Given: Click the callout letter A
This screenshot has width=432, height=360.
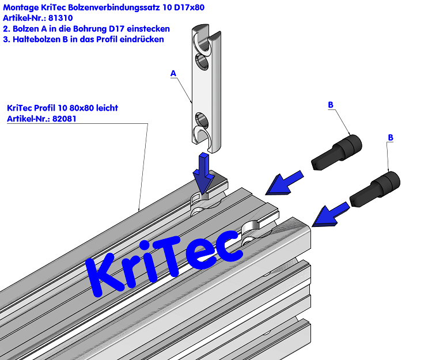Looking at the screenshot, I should point(173,73).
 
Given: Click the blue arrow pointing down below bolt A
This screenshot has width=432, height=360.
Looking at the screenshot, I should point(203,173).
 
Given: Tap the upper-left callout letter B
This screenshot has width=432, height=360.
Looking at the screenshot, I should point(330,104).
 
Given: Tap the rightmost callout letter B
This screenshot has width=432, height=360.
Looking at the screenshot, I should point(391,138).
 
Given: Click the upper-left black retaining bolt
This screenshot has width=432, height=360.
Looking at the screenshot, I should point(336,151).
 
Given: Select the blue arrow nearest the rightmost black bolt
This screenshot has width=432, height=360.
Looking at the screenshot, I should point(330,213).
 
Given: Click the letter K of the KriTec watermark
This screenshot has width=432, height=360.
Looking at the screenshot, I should point(109,277).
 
